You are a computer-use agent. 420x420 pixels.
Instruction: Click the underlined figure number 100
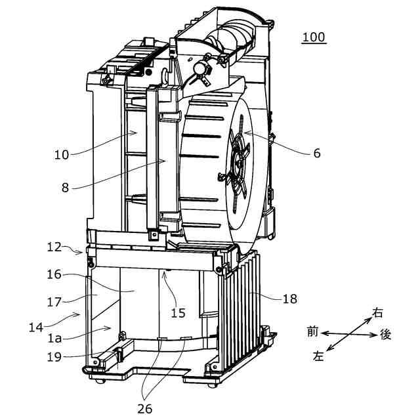[x=314, y=37]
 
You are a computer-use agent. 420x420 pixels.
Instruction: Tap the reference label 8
[x=65, y=186]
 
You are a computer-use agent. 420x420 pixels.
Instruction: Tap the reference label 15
[x=178, y=312]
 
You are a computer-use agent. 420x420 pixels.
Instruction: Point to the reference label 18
[x=290, y=299]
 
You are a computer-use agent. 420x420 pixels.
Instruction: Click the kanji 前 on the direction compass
[x=312, y=332]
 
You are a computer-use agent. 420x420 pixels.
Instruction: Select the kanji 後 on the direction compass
[x=386, y=335]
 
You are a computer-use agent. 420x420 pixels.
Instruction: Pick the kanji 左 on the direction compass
[x=318, y=356]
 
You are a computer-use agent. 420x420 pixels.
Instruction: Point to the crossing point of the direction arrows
[x=348, y=334]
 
